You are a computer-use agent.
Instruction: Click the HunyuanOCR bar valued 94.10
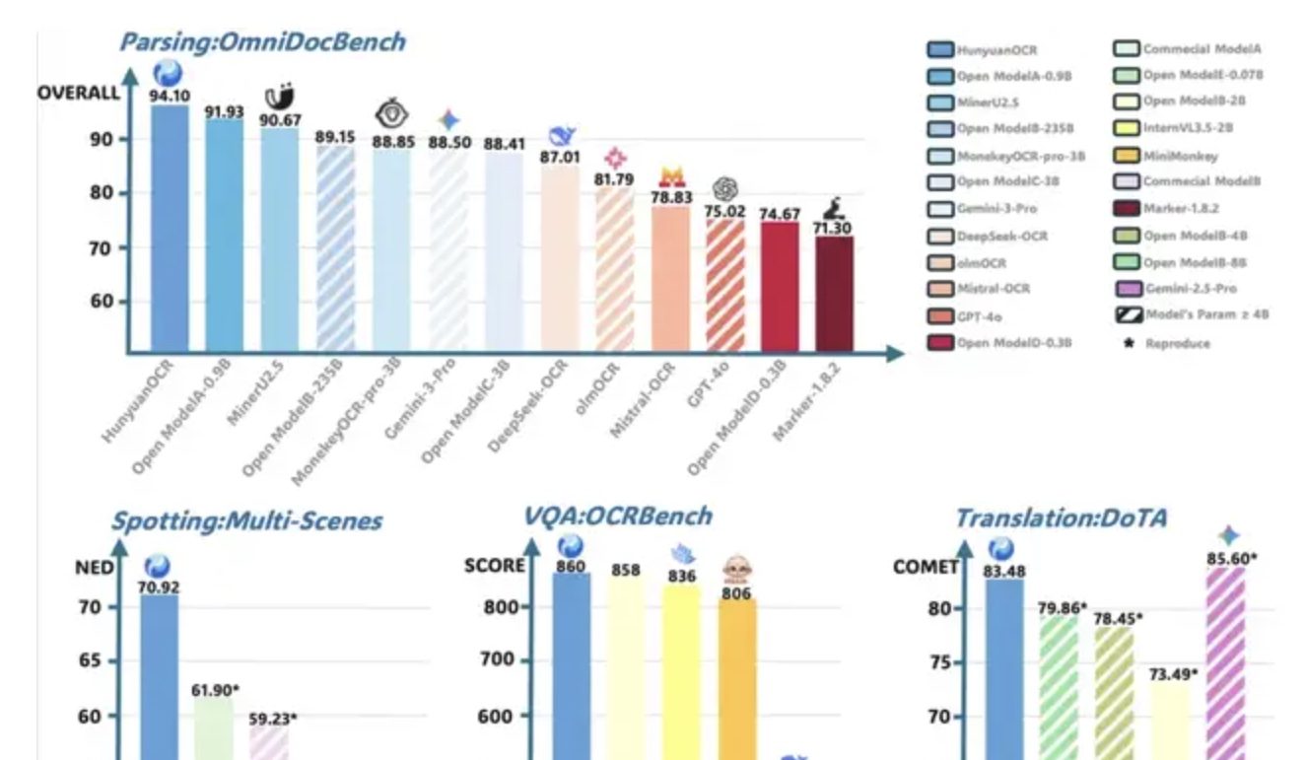tap(169, 227)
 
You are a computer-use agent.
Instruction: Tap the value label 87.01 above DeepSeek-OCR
tap(560, 157)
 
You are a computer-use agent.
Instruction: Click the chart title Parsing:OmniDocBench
tap(261, 42)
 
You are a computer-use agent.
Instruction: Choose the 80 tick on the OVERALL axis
tap(101, 192)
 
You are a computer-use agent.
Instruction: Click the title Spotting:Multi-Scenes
tap(247, 521)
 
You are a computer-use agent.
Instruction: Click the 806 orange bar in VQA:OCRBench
tap(737, 679)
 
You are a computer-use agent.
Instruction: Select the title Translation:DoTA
tap(1061, 518)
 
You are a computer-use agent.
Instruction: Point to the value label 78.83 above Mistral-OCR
tap(670, 198)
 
